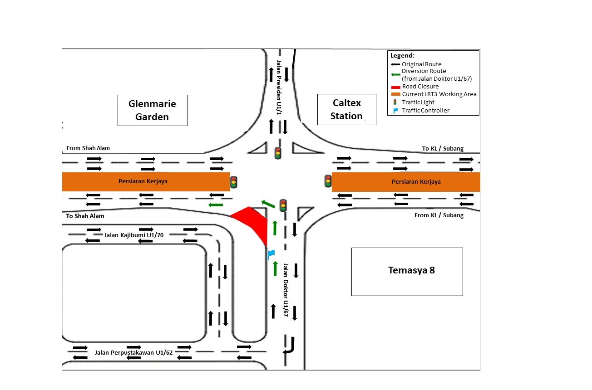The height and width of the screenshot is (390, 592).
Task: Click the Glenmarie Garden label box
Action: pyautogui.click(x=152, y=110)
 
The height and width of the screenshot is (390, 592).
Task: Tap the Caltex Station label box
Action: pyautogui.click(x=346, y=109)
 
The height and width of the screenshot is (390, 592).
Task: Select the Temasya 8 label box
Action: pyautogui.click(x=407, y=271)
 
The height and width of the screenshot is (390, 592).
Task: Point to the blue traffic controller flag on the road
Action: pyautogui.click(x=271, y=253)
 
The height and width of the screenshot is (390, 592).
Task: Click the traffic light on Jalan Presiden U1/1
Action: pyautogui.click(x=277, y=153)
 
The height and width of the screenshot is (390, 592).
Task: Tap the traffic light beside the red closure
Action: pyautogui.click(x=283, y=205)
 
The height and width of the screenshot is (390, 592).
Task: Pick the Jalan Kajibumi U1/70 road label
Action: pyautogui.click(x=134, y=235)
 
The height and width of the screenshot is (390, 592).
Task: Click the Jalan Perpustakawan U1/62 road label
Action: pyautogui.click(x=134, y=352)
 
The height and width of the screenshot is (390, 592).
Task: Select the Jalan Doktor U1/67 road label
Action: pyautogui.click(x=286, y=292)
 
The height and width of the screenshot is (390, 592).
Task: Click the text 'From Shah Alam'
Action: pyautogui.click(x=88, y=148)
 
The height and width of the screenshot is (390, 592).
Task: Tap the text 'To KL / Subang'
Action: pyautogui.click(x=443, y=149)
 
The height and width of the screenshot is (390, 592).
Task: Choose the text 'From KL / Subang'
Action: pyautogui.click(x=439, y=215)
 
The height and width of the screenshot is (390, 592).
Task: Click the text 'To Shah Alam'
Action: pyautogui.click(x=85, y=216)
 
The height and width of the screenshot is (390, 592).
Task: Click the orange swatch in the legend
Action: pyautogui.click(x=395, y=94)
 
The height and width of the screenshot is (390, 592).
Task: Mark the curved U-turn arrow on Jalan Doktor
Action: pyautogui.click(x=289, y=346)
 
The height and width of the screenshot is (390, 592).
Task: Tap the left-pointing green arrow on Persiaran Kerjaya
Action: pyautogui.click(x=216, y=205)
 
